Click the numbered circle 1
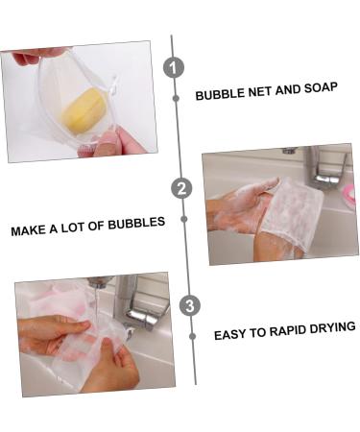pyautogui.click(x=174, y=68)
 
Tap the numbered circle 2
pyautogui.click(x=181, y=188)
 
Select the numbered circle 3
pyautogui.click(x=190, y=305)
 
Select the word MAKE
pyautogui.click(x=28, y=230)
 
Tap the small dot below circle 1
pyautogui.click(x=176, y=98)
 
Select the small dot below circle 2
pyautogui.click(x=184, y=219)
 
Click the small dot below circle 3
pyautogui.click(x=192, y=336)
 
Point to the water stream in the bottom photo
pyautogui.click(x=96, y=307)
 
